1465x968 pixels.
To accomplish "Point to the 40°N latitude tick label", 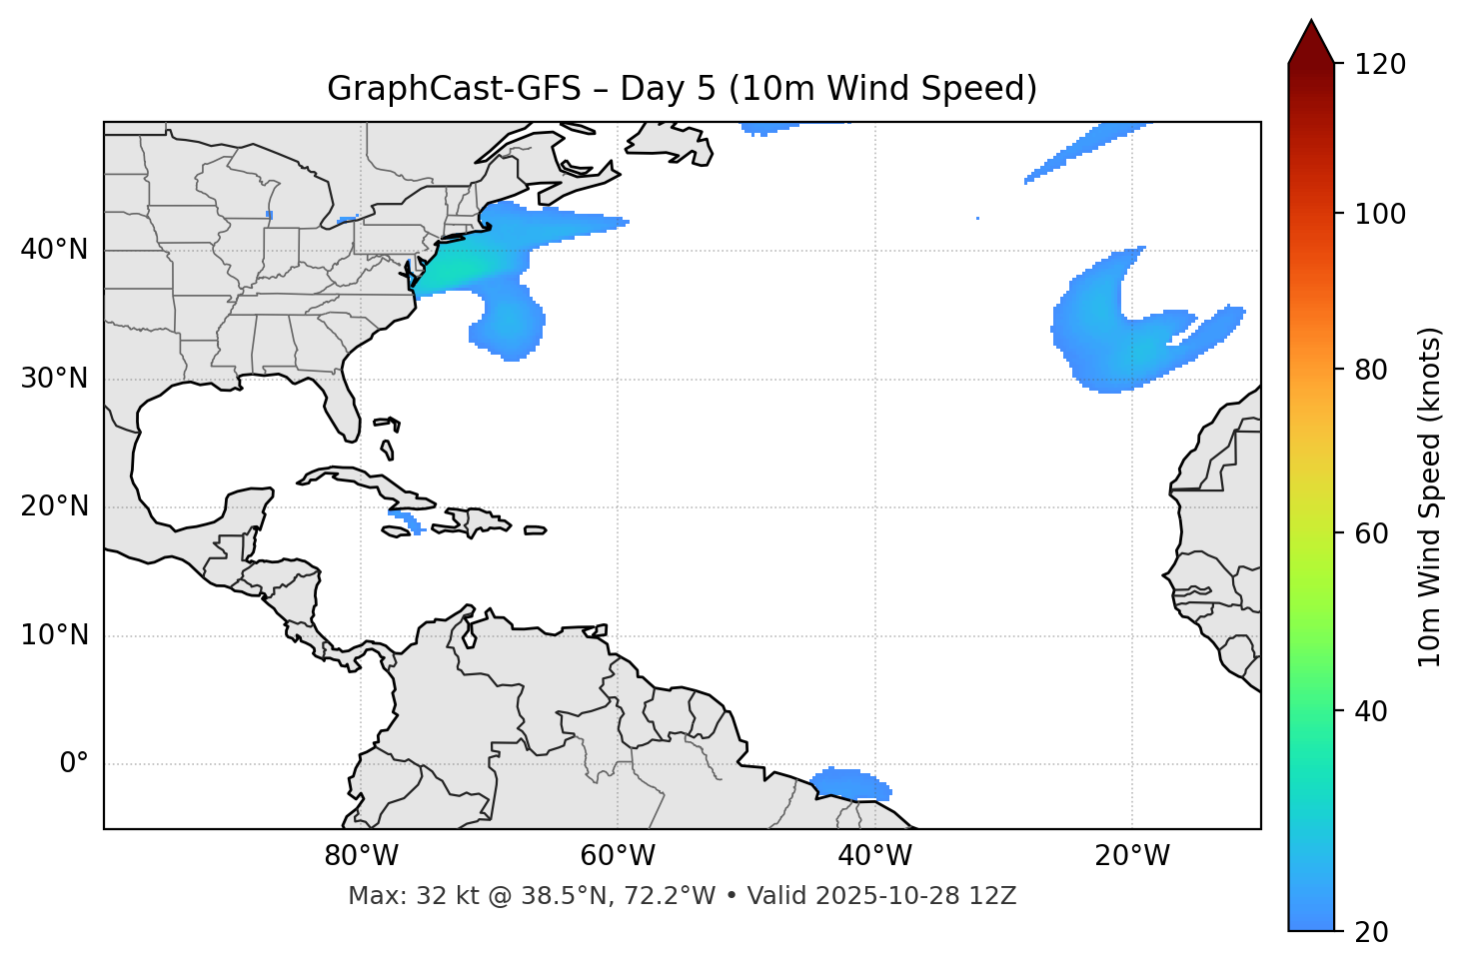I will (x=54, y=250).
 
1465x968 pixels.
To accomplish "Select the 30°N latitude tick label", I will (x=54, y=379).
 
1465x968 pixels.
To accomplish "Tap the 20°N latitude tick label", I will (x=54, y=506).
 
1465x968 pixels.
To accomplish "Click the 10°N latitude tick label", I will (x=54, y=635).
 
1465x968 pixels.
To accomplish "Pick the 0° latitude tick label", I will (x=74, y=763).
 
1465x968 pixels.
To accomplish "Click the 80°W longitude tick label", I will (x=361, y=856).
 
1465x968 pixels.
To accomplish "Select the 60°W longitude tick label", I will (x=618, y=856).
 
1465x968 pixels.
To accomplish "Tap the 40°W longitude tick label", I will (x=874, y=856).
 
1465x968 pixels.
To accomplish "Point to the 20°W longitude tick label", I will (x=1131, y=856).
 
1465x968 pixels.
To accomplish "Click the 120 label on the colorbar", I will (x=1379, y=64).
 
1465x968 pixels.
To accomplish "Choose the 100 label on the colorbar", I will (x=1379, y=214).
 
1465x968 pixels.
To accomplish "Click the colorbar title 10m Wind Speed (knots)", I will (x=1430, y=496).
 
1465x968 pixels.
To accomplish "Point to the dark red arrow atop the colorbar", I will (x=1311, y=42).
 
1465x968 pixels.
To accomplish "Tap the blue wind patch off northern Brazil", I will (x=851, y=784).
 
